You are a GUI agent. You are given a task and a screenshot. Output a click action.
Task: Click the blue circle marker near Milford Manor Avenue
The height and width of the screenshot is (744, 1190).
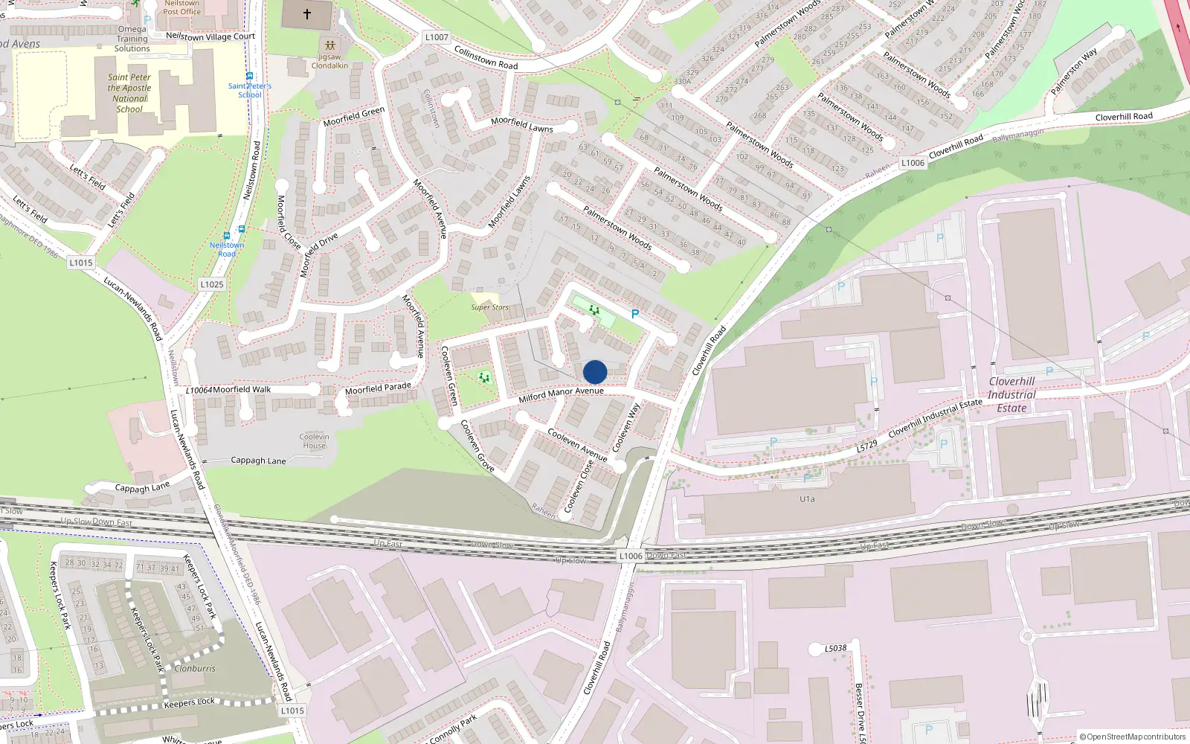click(x=595, y=372)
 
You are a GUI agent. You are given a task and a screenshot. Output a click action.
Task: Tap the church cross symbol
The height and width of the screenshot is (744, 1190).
click(x=307, y=14)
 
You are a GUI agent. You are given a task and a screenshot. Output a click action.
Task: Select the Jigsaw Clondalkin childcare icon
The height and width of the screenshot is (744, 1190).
click(x=330, y=46)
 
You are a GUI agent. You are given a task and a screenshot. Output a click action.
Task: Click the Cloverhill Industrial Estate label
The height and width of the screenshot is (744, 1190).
click(x=1011, y=394)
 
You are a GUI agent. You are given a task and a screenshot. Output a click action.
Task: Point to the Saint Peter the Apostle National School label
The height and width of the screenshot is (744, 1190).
click(x=129, y=93)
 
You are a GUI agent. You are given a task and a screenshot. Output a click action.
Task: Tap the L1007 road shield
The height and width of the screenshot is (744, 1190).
click(x=437, y=37)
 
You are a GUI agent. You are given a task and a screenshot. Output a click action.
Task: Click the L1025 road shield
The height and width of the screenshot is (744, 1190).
click(x=212, y=284)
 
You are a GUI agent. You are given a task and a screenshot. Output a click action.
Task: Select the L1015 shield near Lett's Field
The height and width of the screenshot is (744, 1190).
click(x=81, y=263)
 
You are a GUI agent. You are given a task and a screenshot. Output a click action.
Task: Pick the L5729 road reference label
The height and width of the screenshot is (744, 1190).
click(x=866, y=446)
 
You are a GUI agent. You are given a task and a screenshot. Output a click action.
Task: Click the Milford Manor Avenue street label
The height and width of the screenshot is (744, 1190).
click(x=561, y=394)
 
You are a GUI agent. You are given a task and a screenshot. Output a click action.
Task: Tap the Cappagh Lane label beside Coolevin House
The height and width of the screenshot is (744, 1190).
click(x=258, y=461)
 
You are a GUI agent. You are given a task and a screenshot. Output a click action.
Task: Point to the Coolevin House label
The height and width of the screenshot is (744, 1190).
click(x=315, y=441)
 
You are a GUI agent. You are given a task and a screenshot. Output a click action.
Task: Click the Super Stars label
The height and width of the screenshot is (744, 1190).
click(x=489, y=307)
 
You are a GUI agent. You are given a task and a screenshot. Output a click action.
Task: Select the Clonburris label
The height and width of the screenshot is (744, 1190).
click(x=195, y=668)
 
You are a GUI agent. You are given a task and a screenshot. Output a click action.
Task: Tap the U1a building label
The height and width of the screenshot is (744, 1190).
click(x=807, y=499)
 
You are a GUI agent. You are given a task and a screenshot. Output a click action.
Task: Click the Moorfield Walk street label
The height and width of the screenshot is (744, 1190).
click(x=242, y=389)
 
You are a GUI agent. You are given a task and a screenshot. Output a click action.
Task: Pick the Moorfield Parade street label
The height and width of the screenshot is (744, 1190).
click(x=378, y=388)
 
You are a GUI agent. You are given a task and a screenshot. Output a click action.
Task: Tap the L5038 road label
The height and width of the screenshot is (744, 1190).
click(x=835, y=648)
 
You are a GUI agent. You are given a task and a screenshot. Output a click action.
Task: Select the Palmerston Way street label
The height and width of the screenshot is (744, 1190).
click(x=1073, y=71)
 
